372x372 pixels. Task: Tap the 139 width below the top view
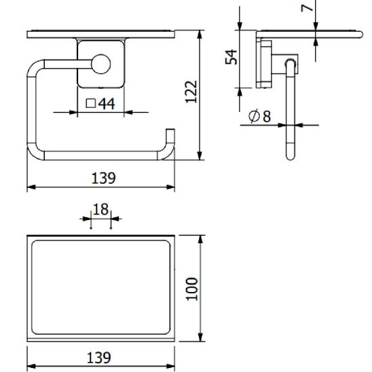[100, 357]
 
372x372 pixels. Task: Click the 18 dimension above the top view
[100, 209]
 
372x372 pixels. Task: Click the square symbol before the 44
[91, 104]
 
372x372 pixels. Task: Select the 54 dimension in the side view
[231, 57]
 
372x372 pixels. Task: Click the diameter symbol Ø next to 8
[253, 117]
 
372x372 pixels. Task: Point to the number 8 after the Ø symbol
[266, 117]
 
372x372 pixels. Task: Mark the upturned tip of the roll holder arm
[170, 133]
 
